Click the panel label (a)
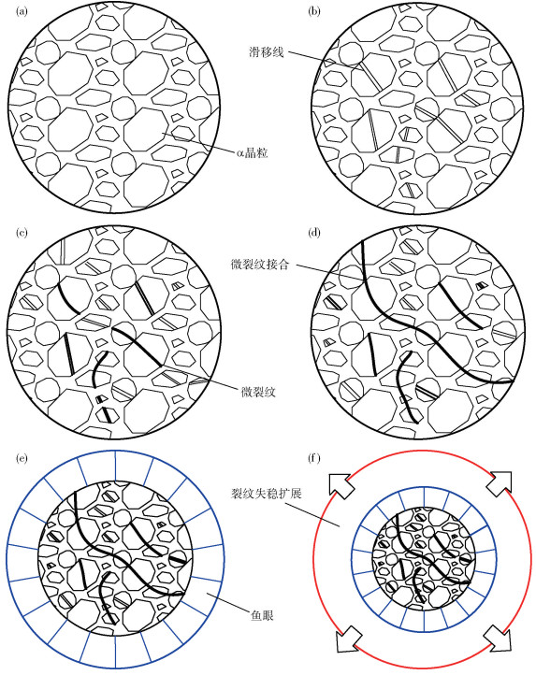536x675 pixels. (x=22, y=11)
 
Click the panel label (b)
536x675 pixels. (x=314, y=11)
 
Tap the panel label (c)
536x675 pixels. (x=22, y=233)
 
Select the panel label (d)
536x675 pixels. (x=315, y=233)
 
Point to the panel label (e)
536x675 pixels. (x=22, y=458)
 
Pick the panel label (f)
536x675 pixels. (x=314, y=458)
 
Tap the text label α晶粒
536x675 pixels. (x=252, y=152)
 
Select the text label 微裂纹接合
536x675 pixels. (x=260, y=264)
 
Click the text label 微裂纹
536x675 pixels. (x=257, y=392)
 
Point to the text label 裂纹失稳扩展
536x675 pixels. (x=266, y=493)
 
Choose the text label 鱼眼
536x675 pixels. (x=262, y=615)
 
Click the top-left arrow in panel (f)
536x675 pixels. (x=340, y=483)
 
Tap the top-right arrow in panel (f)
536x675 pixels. (x=500, y=483)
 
